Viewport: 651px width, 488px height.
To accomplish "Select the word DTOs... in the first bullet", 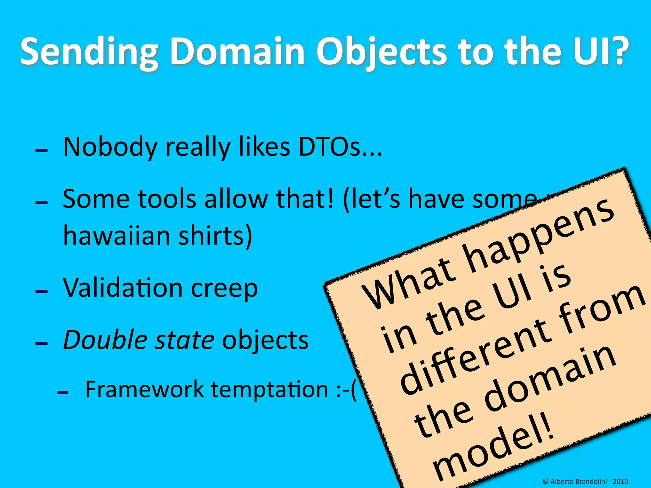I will (340, 147).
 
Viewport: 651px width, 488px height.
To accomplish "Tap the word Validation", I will (123, 288).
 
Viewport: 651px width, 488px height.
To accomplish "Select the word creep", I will (224, 289).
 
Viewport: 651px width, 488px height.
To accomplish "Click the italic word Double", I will (105, 340).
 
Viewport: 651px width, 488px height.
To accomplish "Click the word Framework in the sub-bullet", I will (145, 390).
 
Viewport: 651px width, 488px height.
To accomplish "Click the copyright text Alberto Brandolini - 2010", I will (585, 481).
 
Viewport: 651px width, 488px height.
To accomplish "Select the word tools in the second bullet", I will (167, 199).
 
